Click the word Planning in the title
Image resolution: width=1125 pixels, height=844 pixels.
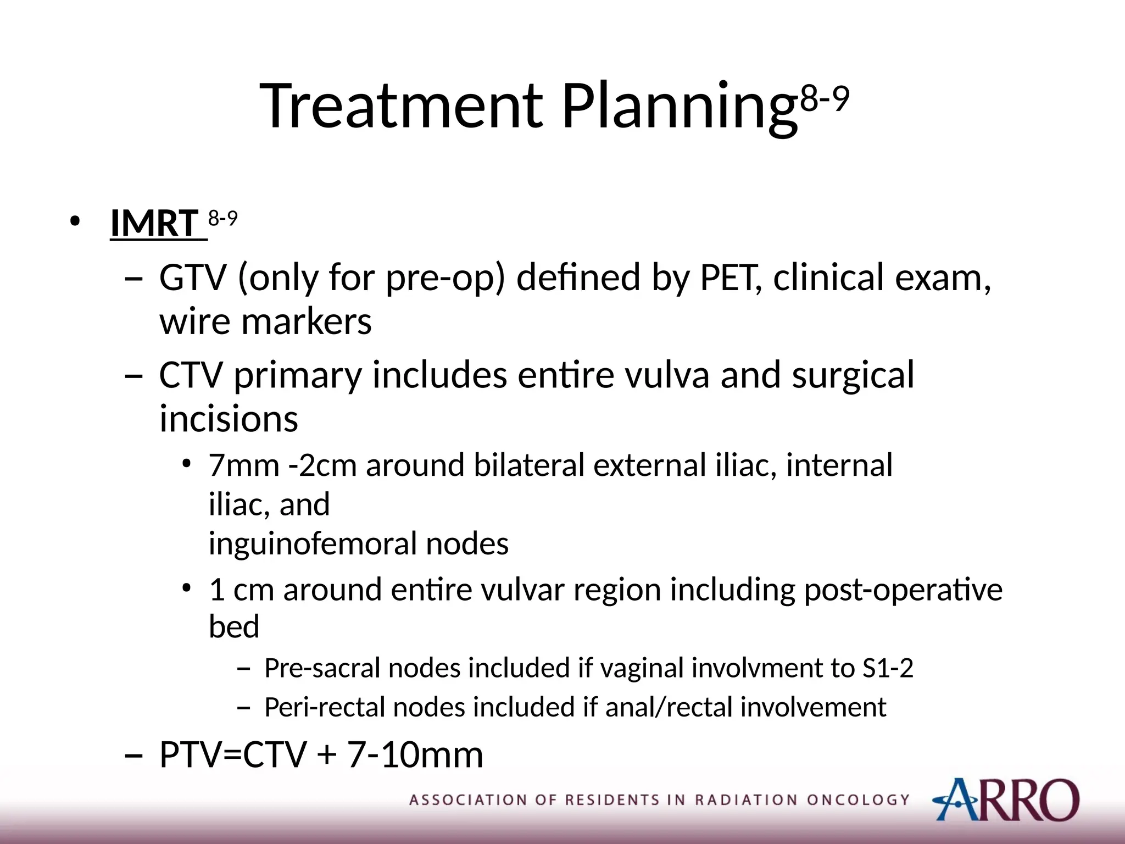point(679,107)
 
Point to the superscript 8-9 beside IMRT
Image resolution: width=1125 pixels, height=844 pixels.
point(222,219)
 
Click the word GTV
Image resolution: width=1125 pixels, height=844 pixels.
point(193,277)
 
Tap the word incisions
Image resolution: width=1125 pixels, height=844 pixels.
point(229,419)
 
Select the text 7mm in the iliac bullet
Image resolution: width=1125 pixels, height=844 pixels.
point(244,465)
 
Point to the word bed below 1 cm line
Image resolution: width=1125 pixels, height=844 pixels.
point(234,626)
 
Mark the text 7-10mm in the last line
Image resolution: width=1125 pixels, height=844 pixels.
point(415,755)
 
